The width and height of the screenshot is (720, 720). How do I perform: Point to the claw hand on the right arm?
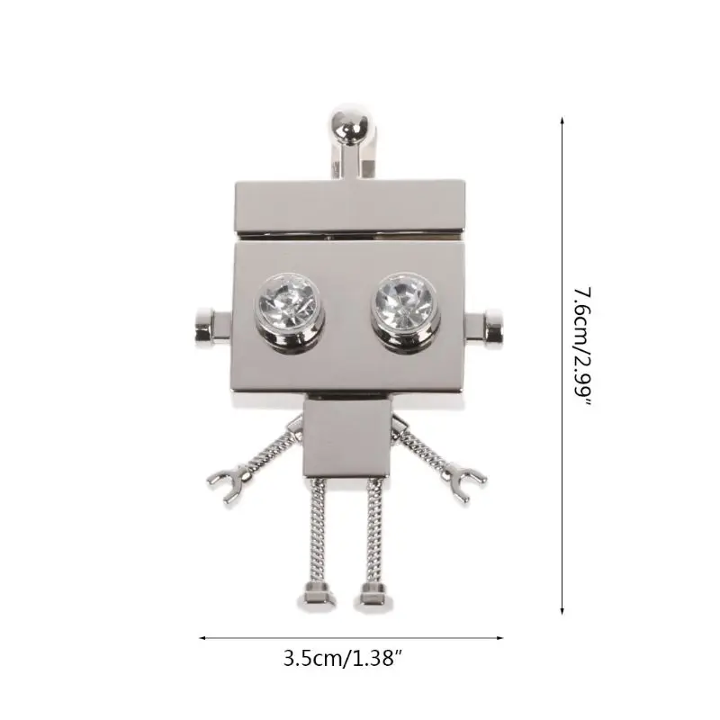click(x=466, y=481)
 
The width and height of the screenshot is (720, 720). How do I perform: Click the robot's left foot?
click(x=318, y=596)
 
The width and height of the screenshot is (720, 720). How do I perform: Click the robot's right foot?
click(x=375, y=596)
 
